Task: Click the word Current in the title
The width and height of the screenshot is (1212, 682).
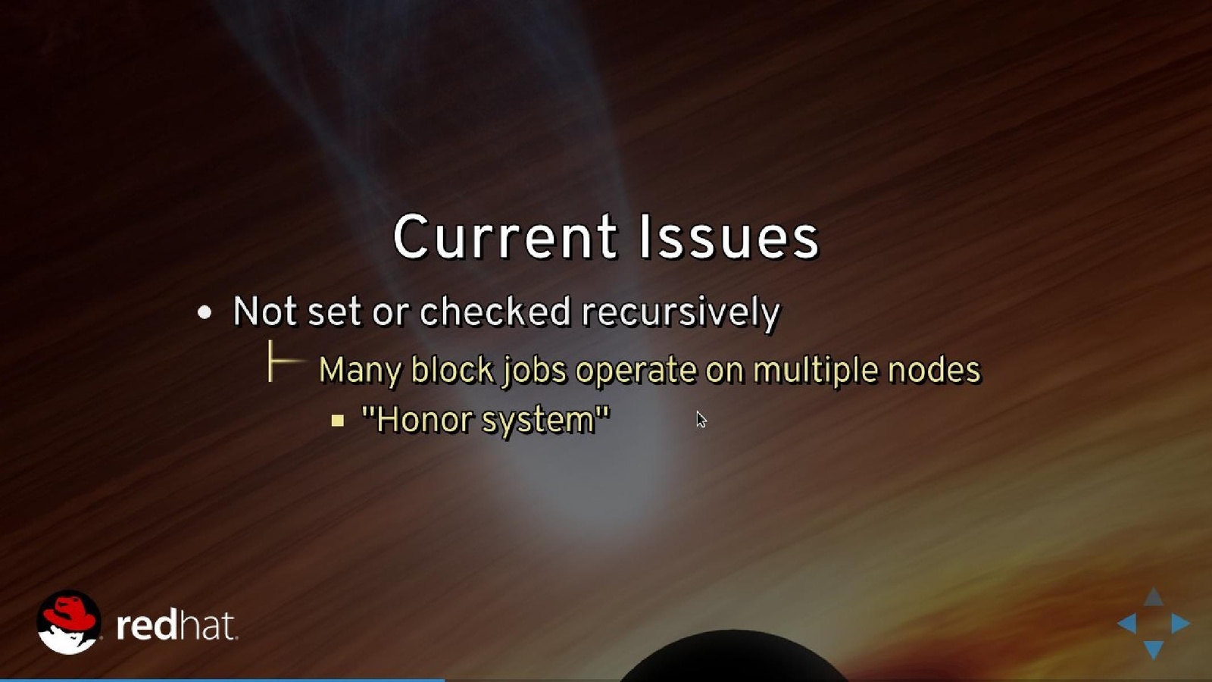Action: pos(504,236)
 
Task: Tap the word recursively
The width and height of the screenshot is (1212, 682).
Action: pos(681,313)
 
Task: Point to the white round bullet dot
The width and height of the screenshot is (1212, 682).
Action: pos(205,312)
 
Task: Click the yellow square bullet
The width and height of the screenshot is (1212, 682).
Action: pos(338,421)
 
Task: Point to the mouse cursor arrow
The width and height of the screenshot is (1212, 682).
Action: pos(701,420)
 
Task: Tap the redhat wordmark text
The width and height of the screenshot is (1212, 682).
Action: pos(176,626)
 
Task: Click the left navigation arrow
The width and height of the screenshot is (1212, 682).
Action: pos(1128,624)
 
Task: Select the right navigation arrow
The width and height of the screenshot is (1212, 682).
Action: pos(1180,624)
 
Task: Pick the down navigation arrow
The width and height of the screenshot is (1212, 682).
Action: pos(1154,649)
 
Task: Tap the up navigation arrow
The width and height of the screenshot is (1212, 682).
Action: pos(1154,598)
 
